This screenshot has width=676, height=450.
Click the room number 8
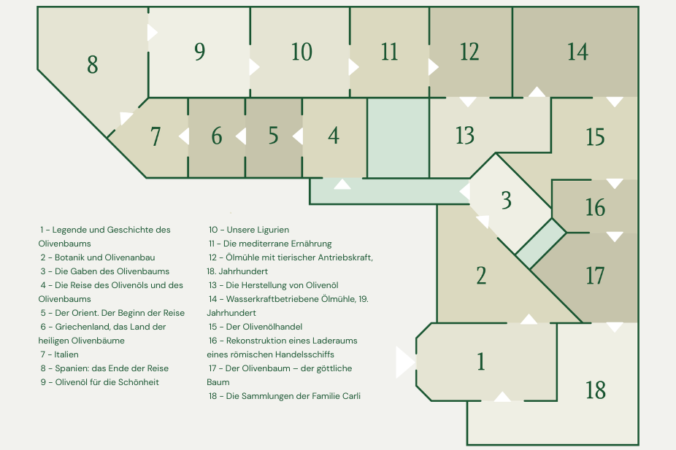tap(92, 65)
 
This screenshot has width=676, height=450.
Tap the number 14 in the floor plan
tap(577, 52)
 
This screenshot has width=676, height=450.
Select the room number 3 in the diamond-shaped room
tap(506, 201)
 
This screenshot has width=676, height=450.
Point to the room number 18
tap(596, 390)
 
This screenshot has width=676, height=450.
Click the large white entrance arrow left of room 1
tap(405, 362)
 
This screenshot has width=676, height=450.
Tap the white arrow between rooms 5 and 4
tap(297, 136)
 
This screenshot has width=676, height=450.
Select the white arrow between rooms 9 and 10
tap(254, 67)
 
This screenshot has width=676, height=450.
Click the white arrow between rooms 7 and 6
tap(184, 136)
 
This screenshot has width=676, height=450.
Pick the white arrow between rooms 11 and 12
tap(434, 67)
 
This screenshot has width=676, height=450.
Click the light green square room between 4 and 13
tap(399, 138)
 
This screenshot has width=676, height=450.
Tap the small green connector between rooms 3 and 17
tap(541, 244)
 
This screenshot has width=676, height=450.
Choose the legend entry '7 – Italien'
tap(59, 354)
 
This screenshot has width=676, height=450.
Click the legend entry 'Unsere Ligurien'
tap(258, 230)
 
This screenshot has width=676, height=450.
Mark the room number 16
tap(595, 208)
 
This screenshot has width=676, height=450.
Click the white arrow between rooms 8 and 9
tap(152, 32)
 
